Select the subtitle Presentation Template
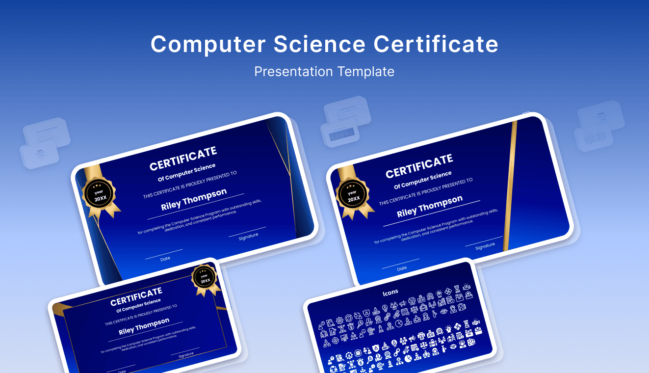tap(324, 72)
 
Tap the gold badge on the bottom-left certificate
tap(205, 278)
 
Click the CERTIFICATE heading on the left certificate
tap(183, 158)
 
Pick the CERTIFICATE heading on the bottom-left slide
tap(136, 296)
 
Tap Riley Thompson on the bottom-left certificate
tap(144, 325)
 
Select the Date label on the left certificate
tap(165, 258)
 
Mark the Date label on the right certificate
tap(402, 268)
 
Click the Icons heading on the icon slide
tap(390, 292)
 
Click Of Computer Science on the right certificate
tap(422, 180)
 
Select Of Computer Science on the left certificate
tap(186, 172)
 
